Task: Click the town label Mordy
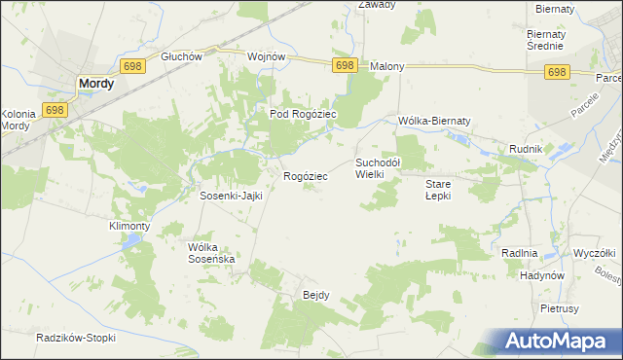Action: pos(95,84)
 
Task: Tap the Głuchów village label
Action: pos(182,56)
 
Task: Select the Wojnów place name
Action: pos(267,56)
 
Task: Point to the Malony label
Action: pos(387,67)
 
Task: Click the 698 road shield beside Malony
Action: pos(344,64)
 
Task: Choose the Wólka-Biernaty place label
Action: pos(434,121)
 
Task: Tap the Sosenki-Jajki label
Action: pos(232,195)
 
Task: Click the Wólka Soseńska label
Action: pos(212,253)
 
